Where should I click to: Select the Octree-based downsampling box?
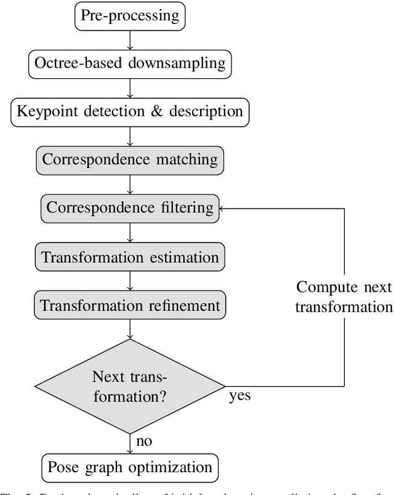click(130, 62)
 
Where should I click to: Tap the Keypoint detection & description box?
click(130, 111)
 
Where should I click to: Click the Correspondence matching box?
click(130, 159)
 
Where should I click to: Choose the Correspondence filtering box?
click(130, 207)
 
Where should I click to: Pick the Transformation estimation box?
click(130, 256)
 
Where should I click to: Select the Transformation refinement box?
click(130, 305)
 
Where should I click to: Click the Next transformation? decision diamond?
click(130, 386)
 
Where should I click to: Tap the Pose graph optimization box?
click(130, 466)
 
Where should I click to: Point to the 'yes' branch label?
click(239, 395)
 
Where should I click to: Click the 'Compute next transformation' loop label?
click(343, 297)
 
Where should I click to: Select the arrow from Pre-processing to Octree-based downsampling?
click(130, 38)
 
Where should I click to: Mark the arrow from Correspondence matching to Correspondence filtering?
click(130, 183)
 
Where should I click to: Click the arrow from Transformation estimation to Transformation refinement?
click(130, 281)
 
